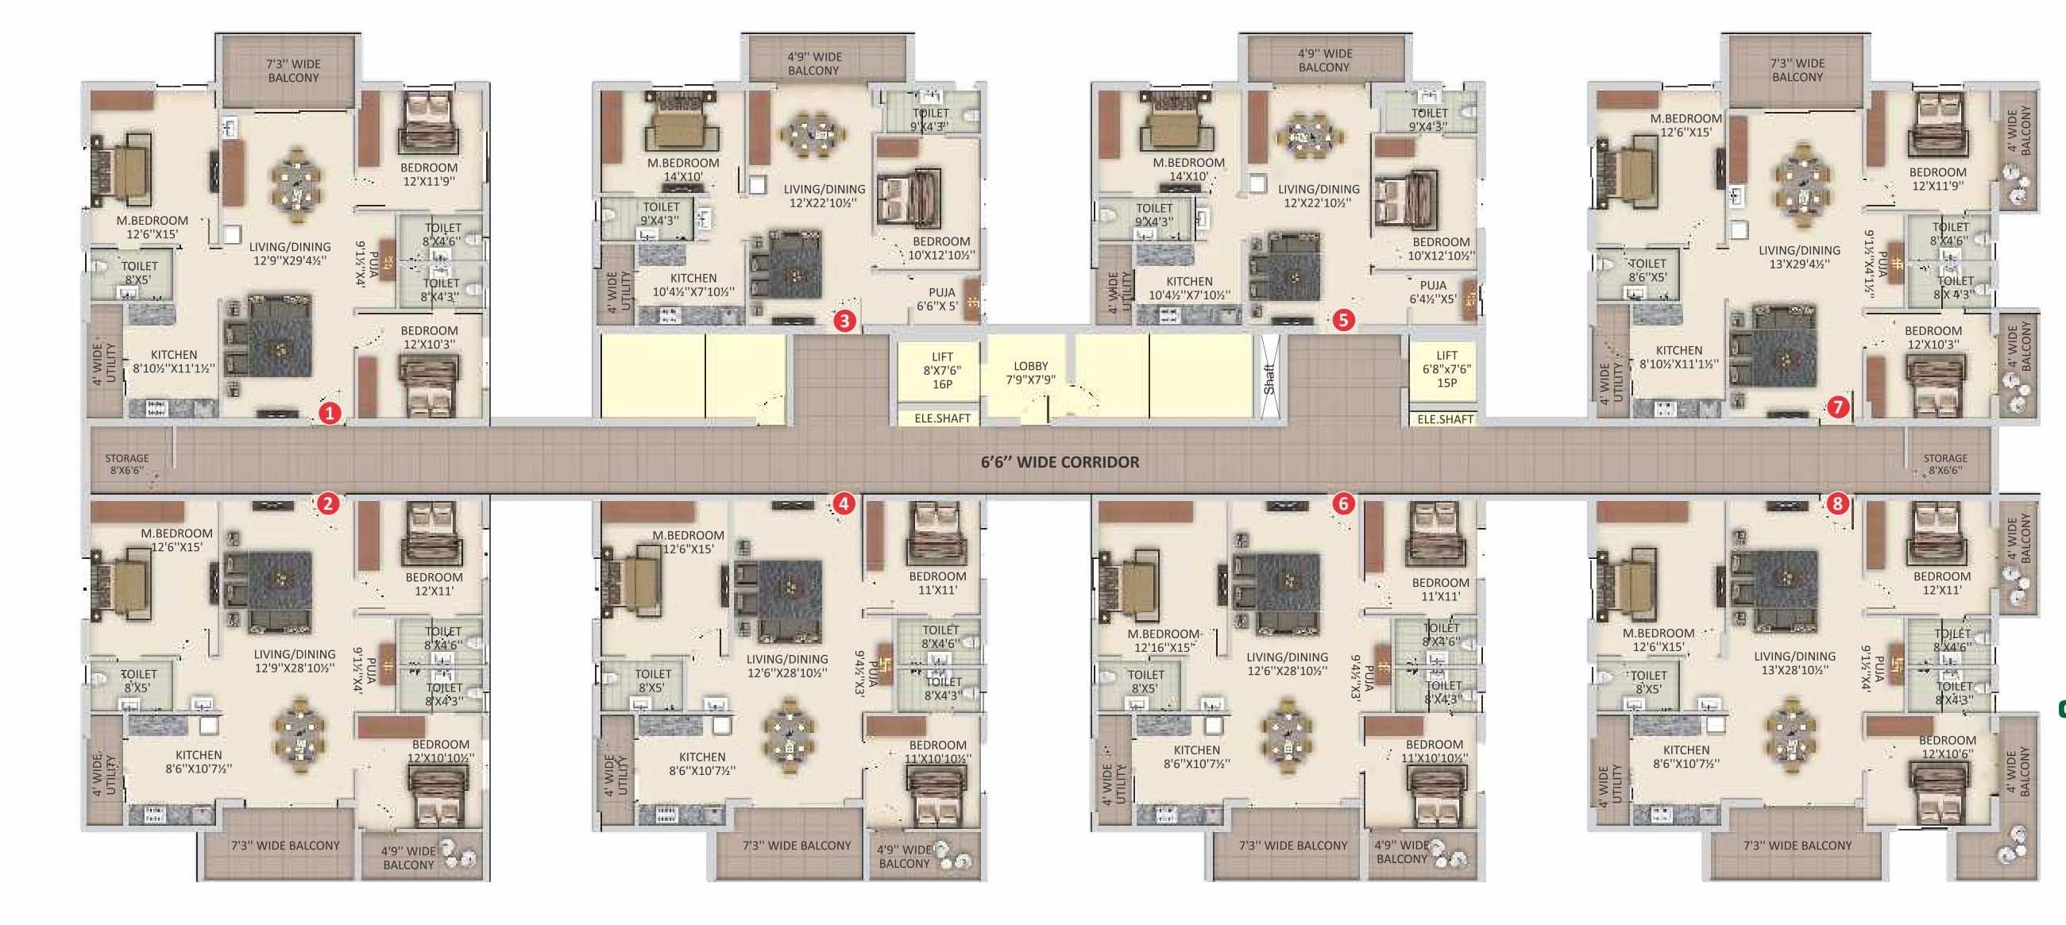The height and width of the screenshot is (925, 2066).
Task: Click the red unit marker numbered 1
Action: click(x=330, y=414)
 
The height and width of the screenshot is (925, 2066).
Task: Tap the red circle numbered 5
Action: click(x=1343, y=321)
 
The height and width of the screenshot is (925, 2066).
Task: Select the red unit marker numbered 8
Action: click(x=1837, y=503)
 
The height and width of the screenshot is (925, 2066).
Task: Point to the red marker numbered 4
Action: click(x=843, y=503)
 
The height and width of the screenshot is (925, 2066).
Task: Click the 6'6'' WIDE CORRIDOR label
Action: click(x=1060, y=461)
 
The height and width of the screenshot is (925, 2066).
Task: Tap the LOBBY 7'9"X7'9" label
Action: click(x=1030, y=372)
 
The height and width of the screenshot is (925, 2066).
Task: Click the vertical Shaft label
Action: click(x=1269, y=378)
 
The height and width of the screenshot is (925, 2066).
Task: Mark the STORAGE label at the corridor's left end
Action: click(x=127, y=464)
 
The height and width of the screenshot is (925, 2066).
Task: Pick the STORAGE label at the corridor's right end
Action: click(x=1945, y=464)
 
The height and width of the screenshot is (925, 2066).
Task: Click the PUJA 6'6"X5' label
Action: click(x=938, y=299)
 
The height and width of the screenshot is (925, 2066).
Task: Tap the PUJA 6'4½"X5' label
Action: click(x=1432, y=291)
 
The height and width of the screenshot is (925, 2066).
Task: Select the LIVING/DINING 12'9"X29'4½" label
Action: click(x=290, y=253)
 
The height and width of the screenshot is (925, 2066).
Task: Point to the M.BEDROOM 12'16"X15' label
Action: click(x=1163, y=641)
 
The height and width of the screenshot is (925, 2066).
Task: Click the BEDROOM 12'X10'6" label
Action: click(x=1948, y=746)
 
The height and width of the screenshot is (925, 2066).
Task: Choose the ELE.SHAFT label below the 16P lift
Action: click(x=942, y=418)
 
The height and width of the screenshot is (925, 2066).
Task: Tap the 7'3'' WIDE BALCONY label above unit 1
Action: click(x=294, y=71)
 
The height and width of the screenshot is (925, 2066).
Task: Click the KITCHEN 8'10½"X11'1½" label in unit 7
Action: click(x=1678, y=357)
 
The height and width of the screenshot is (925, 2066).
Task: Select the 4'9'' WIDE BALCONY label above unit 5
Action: click(x=1325, y=60)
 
